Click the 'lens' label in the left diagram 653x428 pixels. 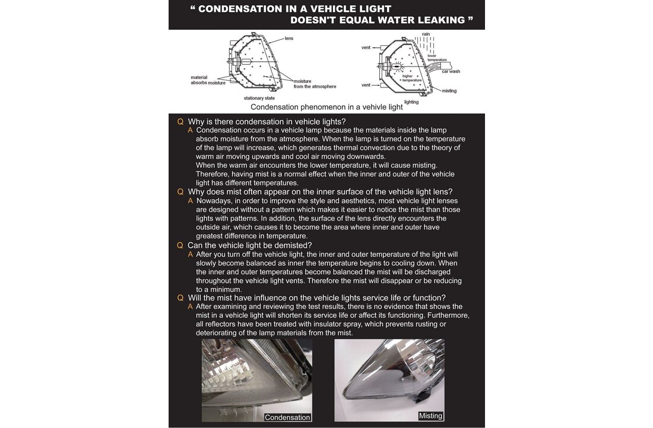click(289, 38)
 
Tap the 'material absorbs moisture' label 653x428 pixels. click(208, 80)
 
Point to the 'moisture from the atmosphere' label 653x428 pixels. click(315, 84)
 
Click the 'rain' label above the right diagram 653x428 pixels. click(426, 34)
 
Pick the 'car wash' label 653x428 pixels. click(451, 71)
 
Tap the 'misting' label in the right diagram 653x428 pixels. click(449, 91)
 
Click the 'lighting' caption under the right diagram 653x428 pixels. click(411, 102)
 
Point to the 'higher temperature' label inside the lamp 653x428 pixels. click(407, 78)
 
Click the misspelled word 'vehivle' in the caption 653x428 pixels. click(373, 107)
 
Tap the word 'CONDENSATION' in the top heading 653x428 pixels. click(243, 9)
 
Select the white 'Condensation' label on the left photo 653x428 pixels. click(287, 417)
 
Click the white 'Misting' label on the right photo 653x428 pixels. click(430, 416)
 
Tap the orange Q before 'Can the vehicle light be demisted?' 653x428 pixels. click(180, 245)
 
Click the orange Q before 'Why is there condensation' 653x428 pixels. click(180, 121)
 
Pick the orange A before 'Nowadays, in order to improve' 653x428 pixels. click(191, 200)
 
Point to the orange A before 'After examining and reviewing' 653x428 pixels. click(191, 306)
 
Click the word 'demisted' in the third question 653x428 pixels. click(291, 245)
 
